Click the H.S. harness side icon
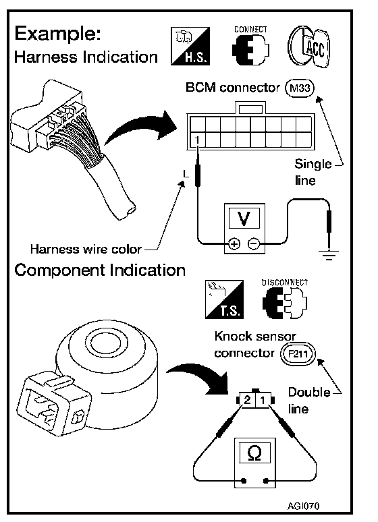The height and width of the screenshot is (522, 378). pos(190,46)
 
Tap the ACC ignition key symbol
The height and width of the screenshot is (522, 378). pos(308,47)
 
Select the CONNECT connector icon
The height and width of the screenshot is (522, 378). pos(250,46)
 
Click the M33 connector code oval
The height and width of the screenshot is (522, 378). pos(300,88)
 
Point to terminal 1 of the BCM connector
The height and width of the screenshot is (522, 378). pos(197,140)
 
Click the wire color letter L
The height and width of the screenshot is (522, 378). pos(186,173)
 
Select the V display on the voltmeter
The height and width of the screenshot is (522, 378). pos(244,218)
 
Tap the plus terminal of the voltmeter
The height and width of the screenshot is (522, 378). pos(234,244)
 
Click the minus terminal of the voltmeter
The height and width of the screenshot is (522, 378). pos(254,244)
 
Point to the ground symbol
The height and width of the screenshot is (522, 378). pos(329,254)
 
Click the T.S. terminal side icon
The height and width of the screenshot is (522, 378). pos(224,299)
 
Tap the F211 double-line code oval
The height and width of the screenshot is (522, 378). pos(298,353)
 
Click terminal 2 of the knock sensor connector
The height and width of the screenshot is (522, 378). pos(247,400)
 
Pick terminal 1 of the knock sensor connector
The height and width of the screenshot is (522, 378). pos(263,400)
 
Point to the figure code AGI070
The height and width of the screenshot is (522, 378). pos(303,506)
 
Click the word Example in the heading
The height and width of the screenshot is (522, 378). pos(57,34)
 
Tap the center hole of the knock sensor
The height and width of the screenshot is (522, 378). pos(106,346)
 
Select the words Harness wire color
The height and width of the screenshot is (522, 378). pos(86,249)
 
